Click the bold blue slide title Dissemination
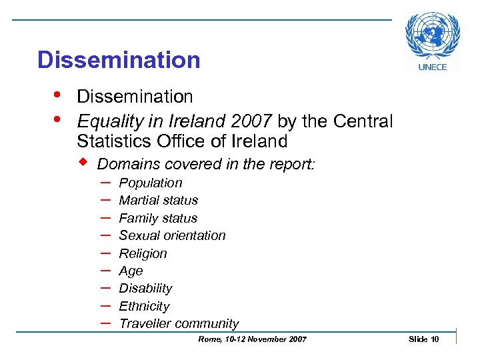tap(119, 60)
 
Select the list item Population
tap(150, 183)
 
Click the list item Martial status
tap(158, 200)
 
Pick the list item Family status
tap(158, 218)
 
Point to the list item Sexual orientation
tap(172, 235)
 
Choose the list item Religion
tap(143, 253)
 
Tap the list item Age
tap(131, 271)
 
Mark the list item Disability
tap(145, 288)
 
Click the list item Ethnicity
tap(144, 306)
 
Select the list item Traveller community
tap(179, 323)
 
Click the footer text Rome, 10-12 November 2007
tap(253, 339)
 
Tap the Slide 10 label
tap(423, 339)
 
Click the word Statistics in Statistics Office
tap(111, 141)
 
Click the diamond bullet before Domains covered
tap(85, 163)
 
